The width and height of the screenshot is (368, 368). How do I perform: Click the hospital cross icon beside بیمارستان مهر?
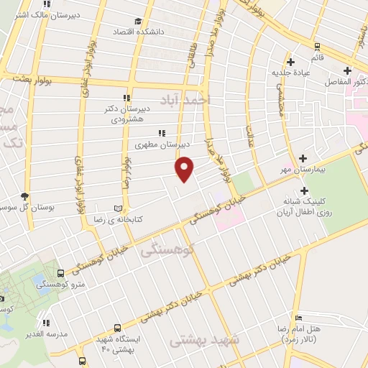[303, 158]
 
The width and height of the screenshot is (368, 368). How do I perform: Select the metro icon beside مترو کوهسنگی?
[60, 273]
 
